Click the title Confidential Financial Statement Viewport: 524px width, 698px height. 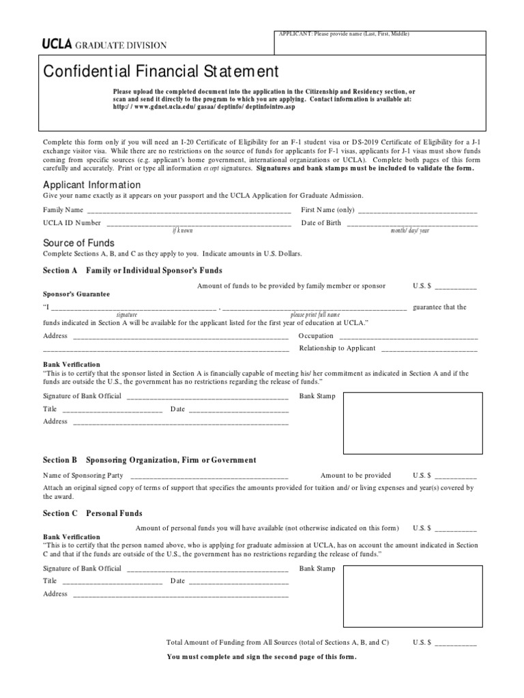click(161, 71)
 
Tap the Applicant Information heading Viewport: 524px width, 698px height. click(92, 185)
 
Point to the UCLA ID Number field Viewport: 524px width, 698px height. click(199, 224)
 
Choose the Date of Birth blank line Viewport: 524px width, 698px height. click(412, 224)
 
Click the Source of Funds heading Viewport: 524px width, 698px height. click(78, 243)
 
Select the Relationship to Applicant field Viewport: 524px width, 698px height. click(428, 348)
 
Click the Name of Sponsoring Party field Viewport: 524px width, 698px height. click(209, 476)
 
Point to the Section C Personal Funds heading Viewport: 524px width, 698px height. click(93, 513)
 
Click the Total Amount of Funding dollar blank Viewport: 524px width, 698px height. click(456, 643)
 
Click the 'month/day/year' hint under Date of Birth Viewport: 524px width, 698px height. click(409, 230)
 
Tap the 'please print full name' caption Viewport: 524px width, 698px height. click(315, 314)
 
